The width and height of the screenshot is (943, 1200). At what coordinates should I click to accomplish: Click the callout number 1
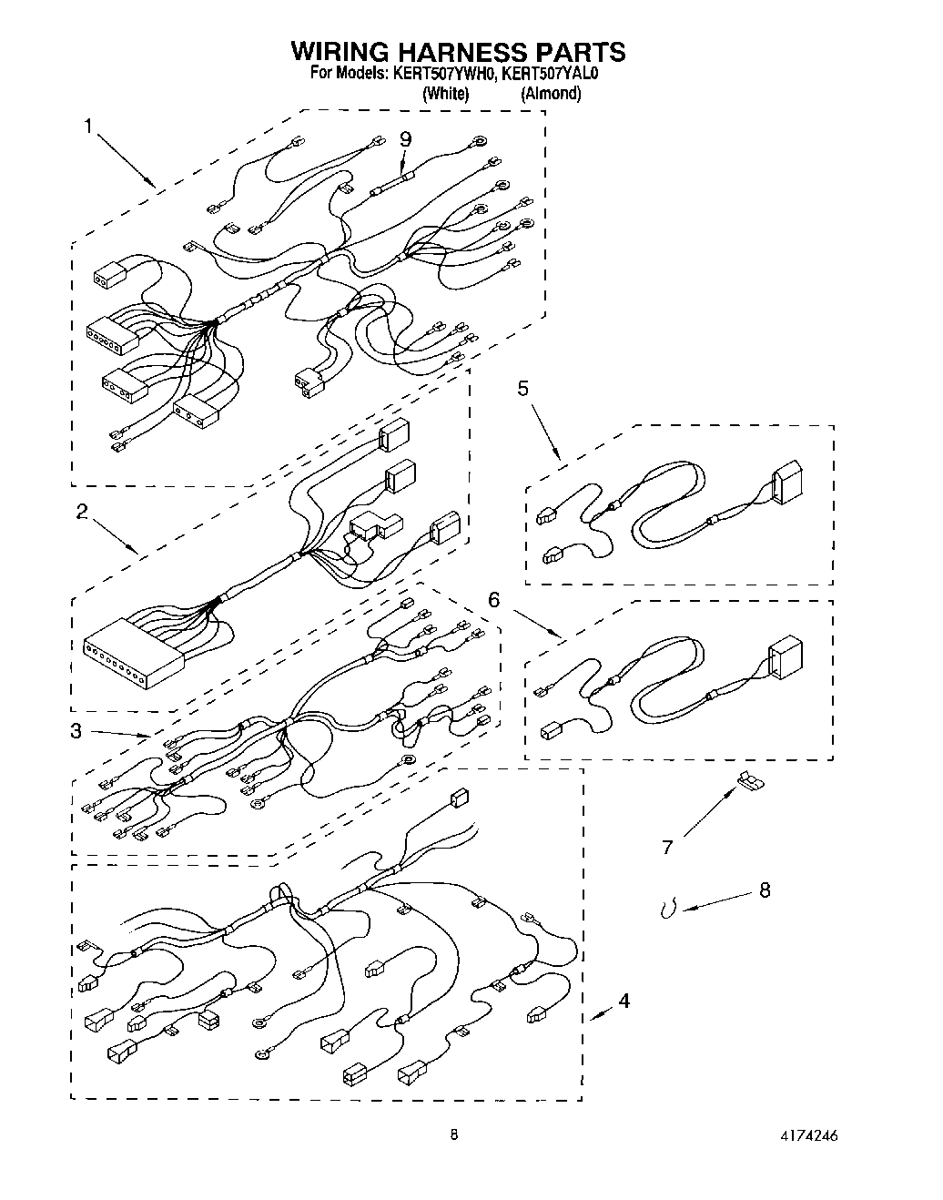point(88,127)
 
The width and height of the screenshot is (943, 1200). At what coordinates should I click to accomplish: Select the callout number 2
point(82,512)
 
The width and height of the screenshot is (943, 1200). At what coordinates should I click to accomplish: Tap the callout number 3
point(77,730)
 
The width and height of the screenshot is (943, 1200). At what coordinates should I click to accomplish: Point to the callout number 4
point(624,1001)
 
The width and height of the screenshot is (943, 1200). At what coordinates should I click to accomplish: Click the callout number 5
point(522,389)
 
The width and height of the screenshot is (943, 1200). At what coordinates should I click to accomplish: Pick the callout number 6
point(494,599)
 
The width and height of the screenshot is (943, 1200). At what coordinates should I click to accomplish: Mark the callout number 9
point(406,139)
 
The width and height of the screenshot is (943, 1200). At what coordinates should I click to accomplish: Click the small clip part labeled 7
point(748,778)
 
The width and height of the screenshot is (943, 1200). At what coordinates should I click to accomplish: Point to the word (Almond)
point(551,93)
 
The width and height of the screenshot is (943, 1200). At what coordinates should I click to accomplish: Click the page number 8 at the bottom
point(453,1135)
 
